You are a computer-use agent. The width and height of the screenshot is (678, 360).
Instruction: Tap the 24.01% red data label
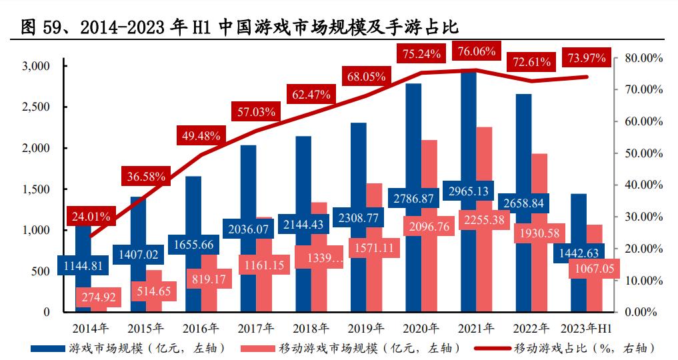click(91, 215)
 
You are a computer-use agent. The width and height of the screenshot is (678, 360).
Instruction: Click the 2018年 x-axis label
click(311, 328)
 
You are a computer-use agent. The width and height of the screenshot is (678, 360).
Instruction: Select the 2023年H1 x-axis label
click(586, 328)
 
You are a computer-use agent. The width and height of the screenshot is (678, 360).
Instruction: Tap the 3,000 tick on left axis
click(37, 66)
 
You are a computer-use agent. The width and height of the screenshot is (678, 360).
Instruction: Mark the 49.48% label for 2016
click(201, 135)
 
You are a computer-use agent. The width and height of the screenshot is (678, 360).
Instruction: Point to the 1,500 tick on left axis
click(37, 189)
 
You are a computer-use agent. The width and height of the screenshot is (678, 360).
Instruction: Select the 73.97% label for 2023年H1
click(586, 59)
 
